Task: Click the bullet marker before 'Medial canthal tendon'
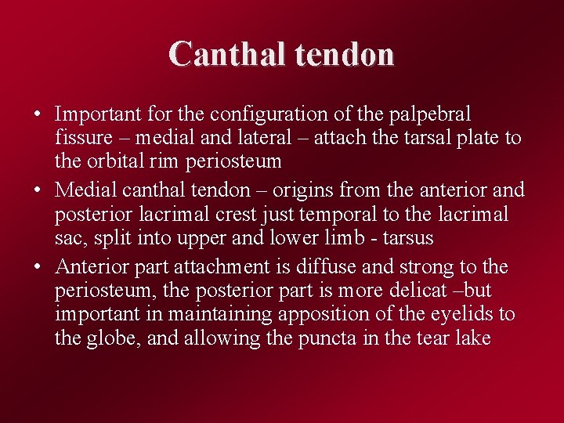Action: pos(38,190)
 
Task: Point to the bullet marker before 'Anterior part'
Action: pos(38,267)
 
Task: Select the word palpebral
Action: pos(434,114)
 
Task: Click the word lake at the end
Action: pos(472,339)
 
